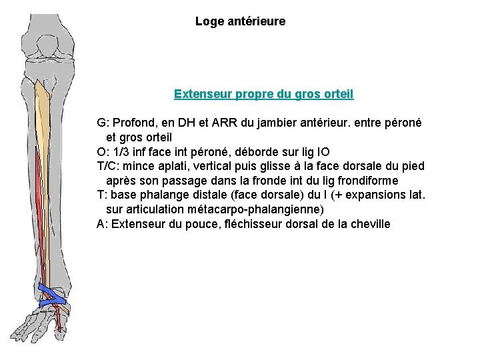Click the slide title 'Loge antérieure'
pyautogui.click(x=240, y=21)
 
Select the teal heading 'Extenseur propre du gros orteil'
pyautogui.click(x=264, y=94)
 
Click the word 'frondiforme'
pyautogui.click(x=368, y=181)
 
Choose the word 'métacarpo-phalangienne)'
pyautogui.click(x=255, y=210)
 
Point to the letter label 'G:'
pyautogui.click(x=103, y=123)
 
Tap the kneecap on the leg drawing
pyautogui.click(x=47, y=47)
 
